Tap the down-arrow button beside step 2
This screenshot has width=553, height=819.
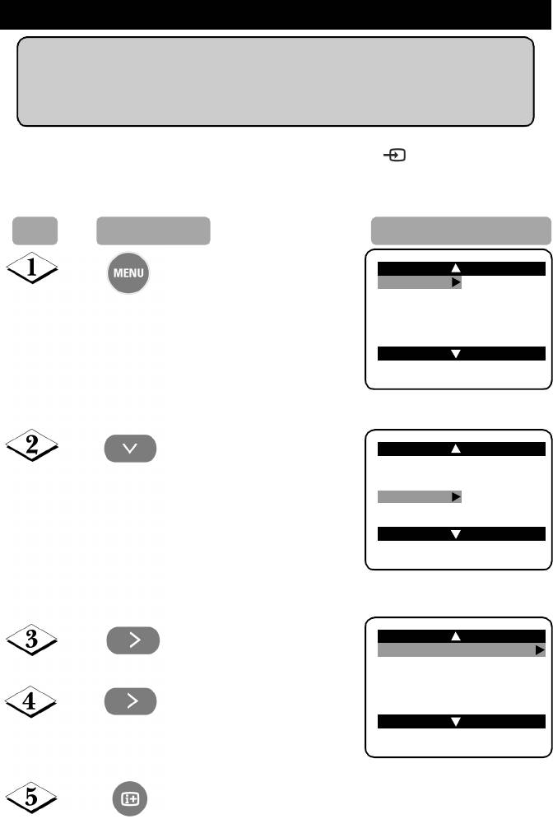click(130, 449)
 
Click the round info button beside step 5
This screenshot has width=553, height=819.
click(130, 798)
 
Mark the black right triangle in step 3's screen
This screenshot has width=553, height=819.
click(539, 650)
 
